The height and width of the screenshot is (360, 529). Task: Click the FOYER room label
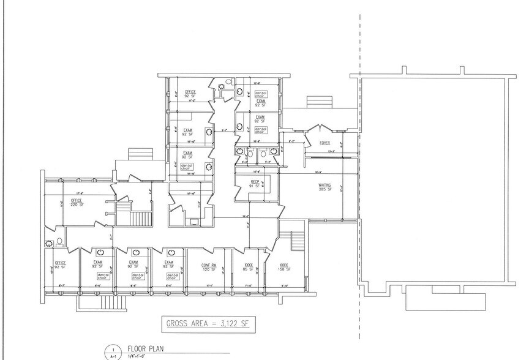(325, 143)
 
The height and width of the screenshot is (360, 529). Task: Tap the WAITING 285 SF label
(325, 187)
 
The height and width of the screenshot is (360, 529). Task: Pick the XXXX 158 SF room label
(283, 267)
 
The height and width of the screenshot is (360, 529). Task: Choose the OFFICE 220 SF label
(77, 203)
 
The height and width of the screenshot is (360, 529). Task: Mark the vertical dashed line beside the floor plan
(359, 184)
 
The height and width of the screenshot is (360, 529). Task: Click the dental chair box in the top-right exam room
(260, 94)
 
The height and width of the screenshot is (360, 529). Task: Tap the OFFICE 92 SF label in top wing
(190, 94)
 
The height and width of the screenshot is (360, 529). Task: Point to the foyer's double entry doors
(320, 129)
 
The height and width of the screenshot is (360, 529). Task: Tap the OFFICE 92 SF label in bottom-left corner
(59, 266)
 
